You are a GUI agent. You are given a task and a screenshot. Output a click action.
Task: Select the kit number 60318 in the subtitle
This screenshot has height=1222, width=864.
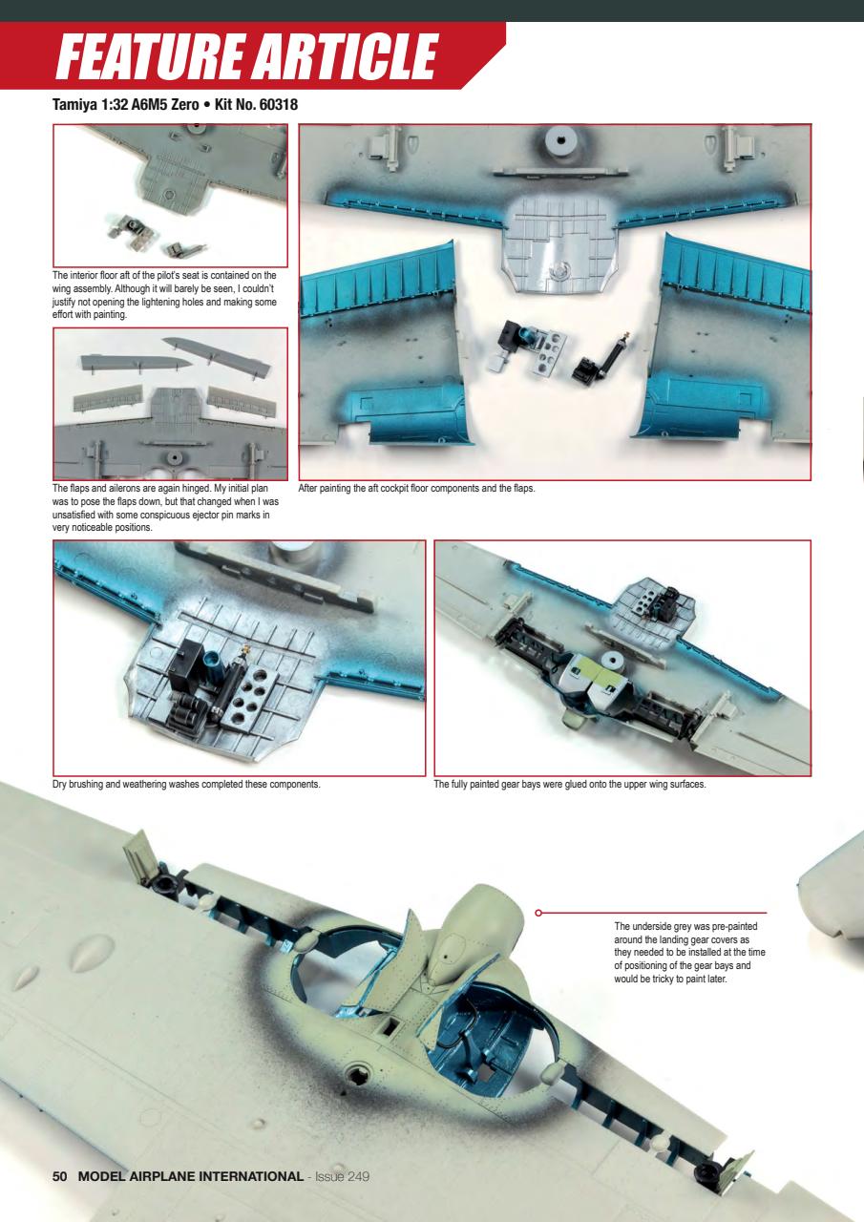click(x=278, y=105)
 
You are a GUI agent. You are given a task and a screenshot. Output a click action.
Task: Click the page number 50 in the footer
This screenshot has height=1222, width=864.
click(x=60, y=1175)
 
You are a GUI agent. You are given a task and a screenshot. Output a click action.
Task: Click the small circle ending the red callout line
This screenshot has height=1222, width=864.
click(x=539, y=913)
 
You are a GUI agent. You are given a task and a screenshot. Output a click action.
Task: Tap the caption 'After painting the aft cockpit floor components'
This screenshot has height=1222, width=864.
click(x=418, y=488)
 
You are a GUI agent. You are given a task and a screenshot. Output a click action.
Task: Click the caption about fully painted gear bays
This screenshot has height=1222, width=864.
click(x=569, y=785)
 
